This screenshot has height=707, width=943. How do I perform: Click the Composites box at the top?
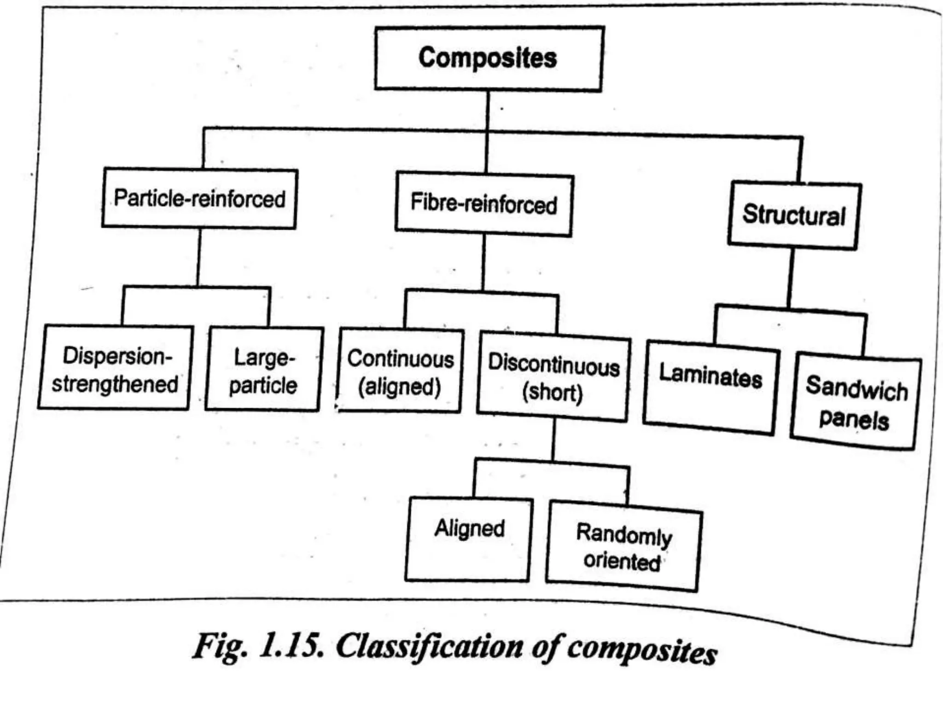tap(488, 58)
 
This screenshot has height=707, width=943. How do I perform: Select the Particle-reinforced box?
tap(199, 198)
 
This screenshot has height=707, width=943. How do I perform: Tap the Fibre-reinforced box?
tap(484, 203)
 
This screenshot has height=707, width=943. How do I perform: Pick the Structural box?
tap(794, 215)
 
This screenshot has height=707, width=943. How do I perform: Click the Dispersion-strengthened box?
tap(115, 368)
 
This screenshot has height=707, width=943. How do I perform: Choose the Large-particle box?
tap(263, 370)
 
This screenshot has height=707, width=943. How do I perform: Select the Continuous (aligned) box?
tap(400, 372)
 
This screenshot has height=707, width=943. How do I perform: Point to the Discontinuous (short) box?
tap(553, 378)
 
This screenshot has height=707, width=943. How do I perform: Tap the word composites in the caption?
tap(642, 650)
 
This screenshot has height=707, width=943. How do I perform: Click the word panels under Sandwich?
tap(854, 419)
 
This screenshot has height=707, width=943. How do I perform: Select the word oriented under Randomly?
tap(622, 562)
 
